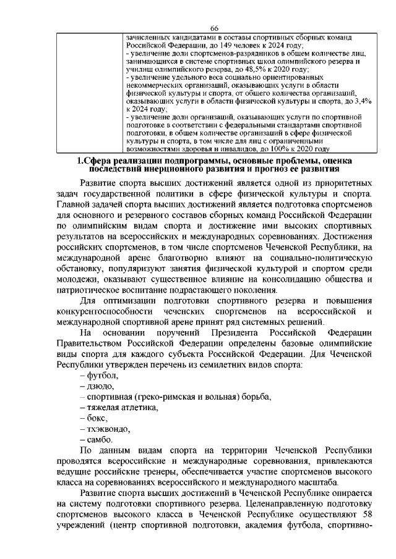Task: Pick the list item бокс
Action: [x=97, y=418]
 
